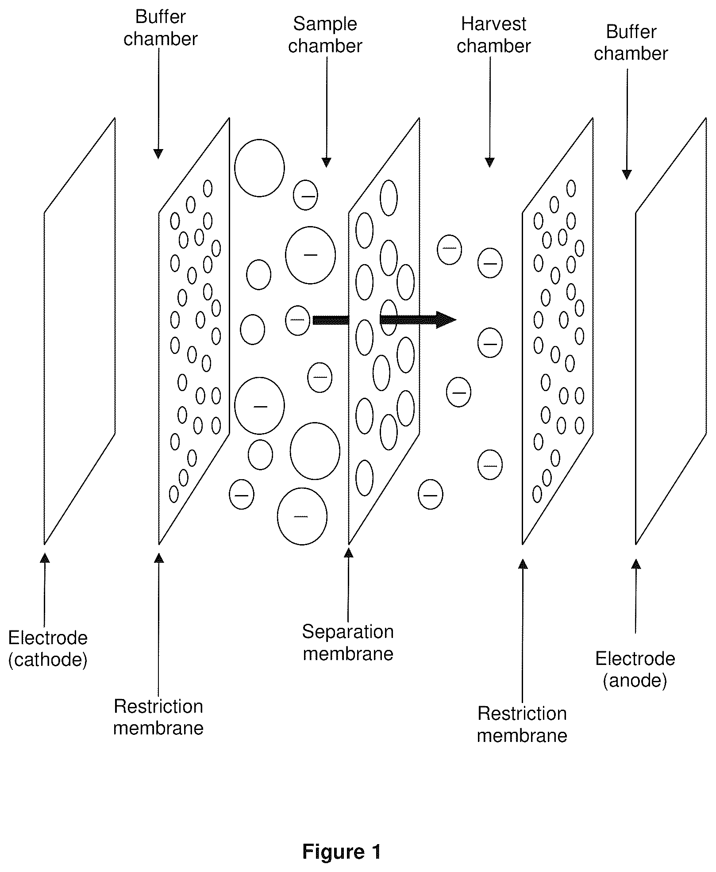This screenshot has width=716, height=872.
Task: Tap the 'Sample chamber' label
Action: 325,35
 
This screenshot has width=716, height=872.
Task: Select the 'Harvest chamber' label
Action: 493,35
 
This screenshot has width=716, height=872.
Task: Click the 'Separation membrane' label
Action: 348,642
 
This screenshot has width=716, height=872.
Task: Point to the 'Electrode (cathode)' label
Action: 48,649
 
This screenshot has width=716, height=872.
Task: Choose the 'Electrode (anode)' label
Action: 635,669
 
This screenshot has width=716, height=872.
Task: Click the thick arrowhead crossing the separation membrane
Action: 446,319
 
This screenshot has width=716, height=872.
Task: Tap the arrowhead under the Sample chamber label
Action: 326,162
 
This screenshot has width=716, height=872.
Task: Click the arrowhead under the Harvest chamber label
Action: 489,162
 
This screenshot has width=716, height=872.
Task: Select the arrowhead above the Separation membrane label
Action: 349,553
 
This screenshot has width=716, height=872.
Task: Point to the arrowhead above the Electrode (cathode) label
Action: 45,558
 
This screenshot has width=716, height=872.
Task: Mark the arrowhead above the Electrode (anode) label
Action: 636,564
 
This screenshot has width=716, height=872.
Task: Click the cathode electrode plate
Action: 80,331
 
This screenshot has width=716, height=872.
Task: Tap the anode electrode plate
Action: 671,331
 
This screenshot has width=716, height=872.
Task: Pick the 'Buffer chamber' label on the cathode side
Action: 160,28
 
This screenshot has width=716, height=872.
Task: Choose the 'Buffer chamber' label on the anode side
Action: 631,42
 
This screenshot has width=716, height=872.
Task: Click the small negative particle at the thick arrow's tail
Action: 298,320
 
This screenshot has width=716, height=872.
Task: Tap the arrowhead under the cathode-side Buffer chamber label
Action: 158,154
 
